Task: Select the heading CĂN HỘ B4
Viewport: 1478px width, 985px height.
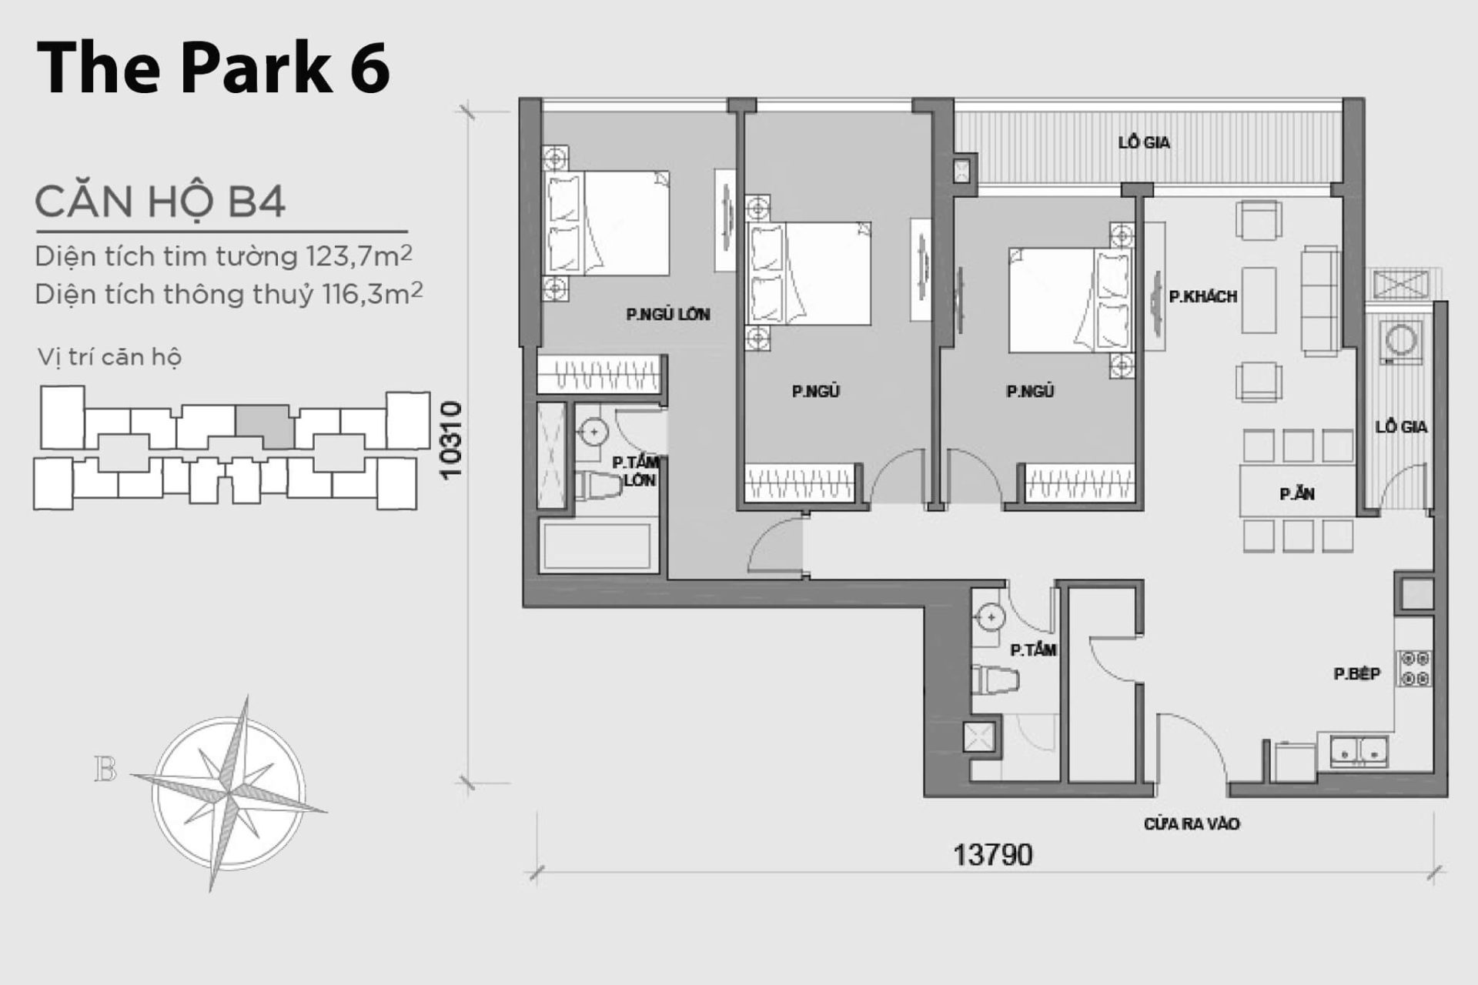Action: [x=160, y=202]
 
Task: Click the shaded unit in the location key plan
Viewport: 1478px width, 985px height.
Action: [x=264, y=427]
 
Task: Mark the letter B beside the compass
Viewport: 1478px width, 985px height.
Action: [x=105, y=769]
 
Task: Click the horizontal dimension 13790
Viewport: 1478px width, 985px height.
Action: [x=992, y=855]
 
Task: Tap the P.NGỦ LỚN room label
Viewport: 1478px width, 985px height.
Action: [x=667, y=314]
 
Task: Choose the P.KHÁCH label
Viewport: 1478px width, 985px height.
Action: [x=1202, y=296]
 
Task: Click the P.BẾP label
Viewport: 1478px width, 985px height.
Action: [x=1356, y=674]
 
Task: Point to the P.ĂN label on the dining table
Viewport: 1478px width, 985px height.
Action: [x=1297, y=495]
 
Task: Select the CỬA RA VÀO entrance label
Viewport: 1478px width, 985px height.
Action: [x=1191, y=824]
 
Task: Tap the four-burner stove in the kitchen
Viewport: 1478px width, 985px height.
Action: [x=1414, y=668]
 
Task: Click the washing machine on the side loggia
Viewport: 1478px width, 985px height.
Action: [x=1400, y=342]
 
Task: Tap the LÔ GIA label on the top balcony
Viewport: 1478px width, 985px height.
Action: [x=1144, y=142]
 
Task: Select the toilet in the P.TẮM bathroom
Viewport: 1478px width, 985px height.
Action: [x=996, y=680]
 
